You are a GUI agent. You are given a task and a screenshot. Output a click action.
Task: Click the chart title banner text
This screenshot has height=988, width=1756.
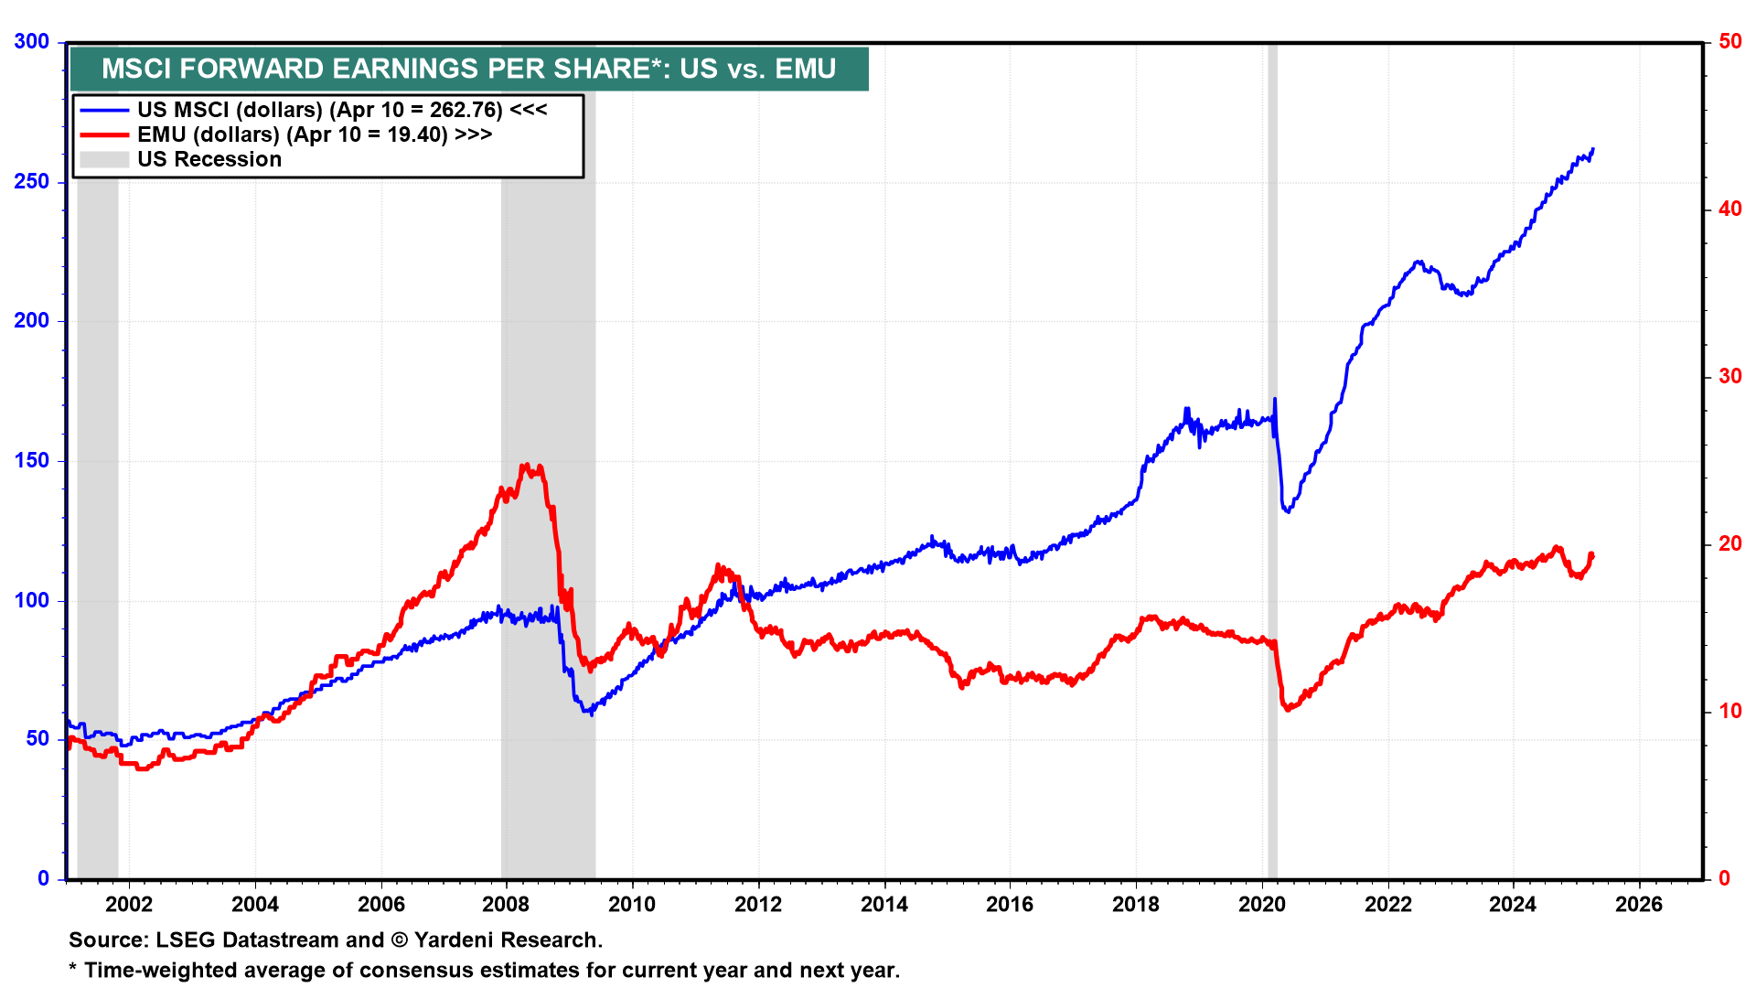(x=468, y=69)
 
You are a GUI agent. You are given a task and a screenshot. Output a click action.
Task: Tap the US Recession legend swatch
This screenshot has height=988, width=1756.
(x=104, y=159)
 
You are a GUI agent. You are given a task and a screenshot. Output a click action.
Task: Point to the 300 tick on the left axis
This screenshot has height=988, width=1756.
(x=32, y=42)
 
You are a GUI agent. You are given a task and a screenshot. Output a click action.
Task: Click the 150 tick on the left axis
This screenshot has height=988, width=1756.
(x=32, y=461)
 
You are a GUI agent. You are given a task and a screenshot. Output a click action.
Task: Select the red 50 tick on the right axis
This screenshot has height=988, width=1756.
(x=1729, y=42)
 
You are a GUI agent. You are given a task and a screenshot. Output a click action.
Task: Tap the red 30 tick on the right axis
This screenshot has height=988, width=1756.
(x=1729, y=377)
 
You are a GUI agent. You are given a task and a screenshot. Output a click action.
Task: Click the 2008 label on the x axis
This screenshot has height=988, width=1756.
(x=506, y=905)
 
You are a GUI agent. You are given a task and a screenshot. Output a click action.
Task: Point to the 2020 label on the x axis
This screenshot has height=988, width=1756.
(x=1261, y=905)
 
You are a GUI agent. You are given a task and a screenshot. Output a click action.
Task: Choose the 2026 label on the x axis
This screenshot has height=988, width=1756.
(x=1639, y=905)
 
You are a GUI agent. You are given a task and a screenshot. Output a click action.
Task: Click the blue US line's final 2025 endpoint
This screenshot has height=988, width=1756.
(x=1592, y=149)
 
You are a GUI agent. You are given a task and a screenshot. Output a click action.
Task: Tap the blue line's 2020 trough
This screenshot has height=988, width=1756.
(x=1288, y=510)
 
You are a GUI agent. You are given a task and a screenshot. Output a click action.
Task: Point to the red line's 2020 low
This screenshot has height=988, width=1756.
(x=1288, y=709)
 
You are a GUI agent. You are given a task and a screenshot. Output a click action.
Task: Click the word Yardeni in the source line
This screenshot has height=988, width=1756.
(x=455, y=940)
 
